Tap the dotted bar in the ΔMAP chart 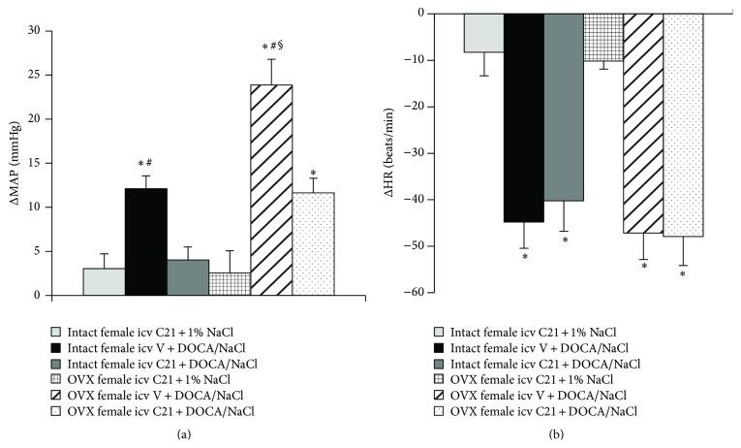coord(313,243)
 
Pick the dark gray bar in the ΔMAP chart coord(188,277)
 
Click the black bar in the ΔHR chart coord(524,117)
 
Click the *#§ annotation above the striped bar coord(272,46)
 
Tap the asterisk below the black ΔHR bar coord(524,257)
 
